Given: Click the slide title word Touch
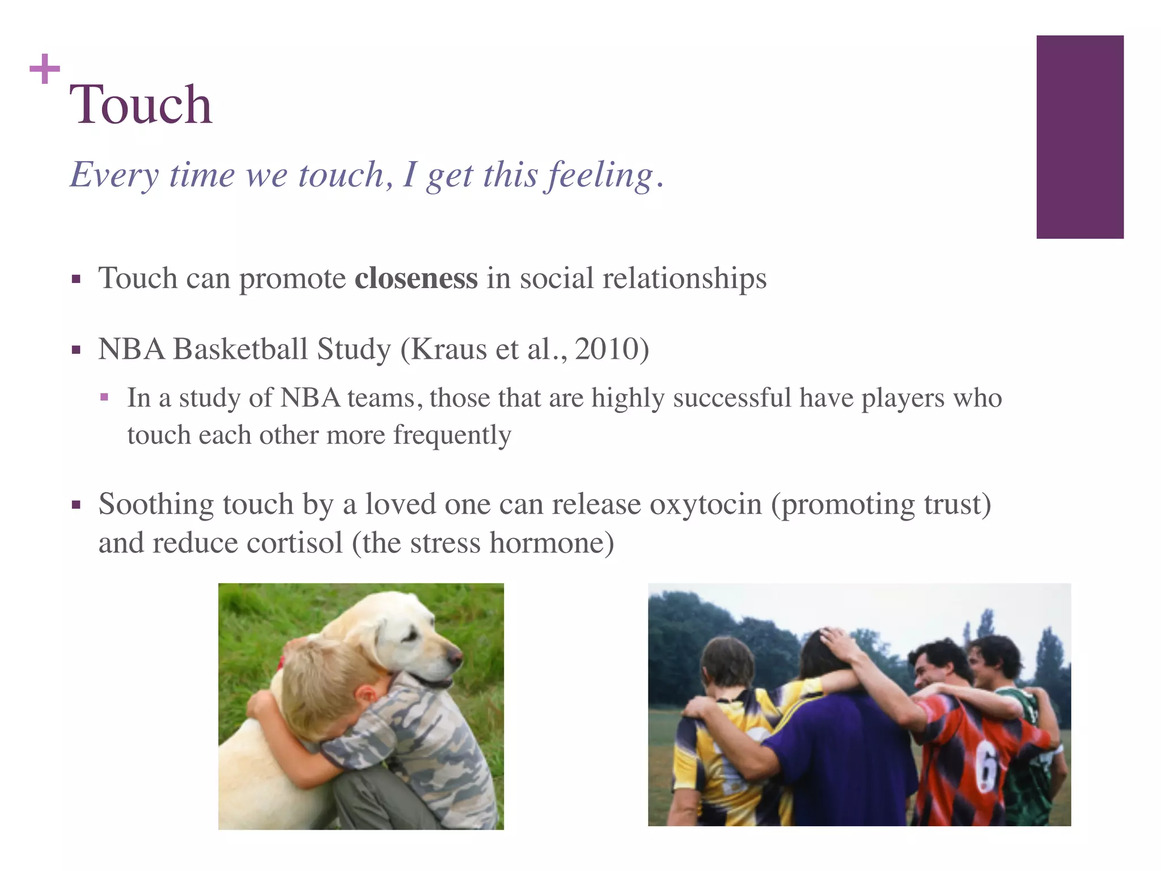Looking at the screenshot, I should [x=141, y=104].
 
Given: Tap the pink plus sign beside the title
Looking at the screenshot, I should [x=45, y=69].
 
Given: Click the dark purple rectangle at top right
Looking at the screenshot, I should [x=1079, y=137].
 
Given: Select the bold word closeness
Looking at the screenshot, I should [x=416, y=278].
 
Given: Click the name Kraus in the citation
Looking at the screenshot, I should [x=448, y=349].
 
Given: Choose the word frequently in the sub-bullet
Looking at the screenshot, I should [x=452, y=435].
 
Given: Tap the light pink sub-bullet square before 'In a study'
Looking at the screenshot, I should [x=104, y=398].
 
